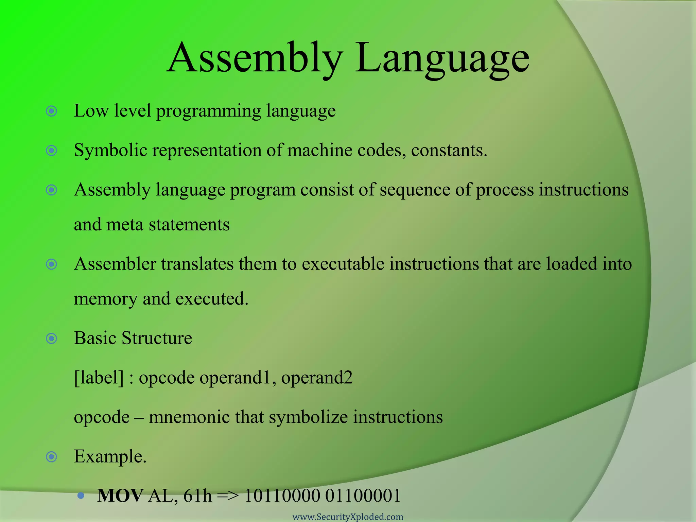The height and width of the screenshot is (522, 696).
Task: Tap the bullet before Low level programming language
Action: tap(51, 111)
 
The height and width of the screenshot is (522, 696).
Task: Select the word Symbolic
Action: tap(110, 151)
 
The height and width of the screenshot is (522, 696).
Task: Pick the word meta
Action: tap(124, 225)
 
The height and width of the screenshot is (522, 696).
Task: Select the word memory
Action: tap(105, 299)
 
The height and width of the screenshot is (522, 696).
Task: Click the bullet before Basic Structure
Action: tap(51, 338)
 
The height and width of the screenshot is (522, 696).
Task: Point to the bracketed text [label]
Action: tap(99, 378)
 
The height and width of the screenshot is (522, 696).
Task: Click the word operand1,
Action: tap(238, 378)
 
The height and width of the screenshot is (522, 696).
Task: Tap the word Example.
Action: tap(110, 456)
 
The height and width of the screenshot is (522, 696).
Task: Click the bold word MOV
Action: tap(120, 496)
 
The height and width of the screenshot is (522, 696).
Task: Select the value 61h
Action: tap(197, 496)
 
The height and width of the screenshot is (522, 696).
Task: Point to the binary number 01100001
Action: tap(363, 496)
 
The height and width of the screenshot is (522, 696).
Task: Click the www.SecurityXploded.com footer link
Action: tap(348, 517)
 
